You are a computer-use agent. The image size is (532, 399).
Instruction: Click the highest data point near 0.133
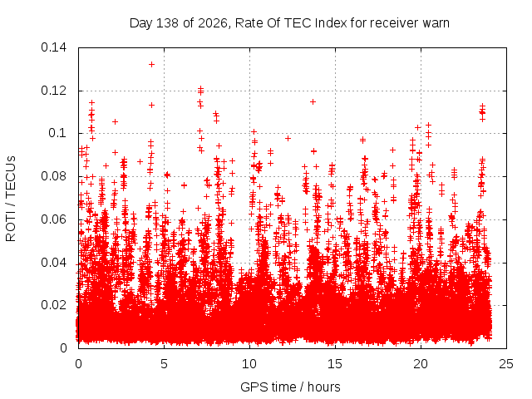(x=151, y=65)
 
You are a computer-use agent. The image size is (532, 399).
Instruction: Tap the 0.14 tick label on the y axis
(x=53, y=47)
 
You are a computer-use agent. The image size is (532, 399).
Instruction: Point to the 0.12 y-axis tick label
(x=53, y=91)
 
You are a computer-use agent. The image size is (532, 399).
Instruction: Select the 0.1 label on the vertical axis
(x=57, y=133)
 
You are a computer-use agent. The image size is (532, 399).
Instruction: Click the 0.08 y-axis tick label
(x=53, y=176)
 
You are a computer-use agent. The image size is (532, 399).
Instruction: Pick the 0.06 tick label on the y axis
(x=53, y=219)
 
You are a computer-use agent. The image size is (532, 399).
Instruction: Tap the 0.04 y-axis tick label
(x=53, y=263)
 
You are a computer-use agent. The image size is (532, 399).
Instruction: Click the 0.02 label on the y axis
(x=53, y=305)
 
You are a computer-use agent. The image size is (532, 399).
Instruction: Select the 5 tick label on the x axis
(x=165, y=364)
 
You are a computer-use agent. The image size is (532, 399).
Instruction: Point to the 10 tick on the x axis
(x=249, y=364)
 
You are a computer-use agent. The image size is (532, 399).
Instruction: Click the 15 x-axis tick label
(x=335, y=364)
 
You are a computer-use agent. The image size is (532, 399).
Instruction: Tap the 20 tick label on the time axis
(x=421, y=364)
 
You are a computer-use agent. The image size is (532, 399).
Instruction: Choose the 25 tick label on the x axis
(x=506, y=364)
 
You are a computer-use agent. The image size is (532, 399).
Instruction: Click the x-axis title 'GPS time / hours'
(x=290, y=387)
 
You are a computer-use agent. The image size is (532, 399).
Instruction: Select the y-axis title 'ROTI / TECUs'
(x=11, y=199)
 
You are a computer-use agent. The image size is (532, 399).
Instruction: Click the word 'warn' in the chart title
(x=436, y=23)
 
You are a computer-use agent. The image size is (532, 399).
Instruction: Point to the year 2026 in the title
(x=212, y=23)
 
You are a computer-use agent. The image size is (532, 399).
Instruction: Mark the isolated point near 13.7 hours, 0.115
(x=313, y=101)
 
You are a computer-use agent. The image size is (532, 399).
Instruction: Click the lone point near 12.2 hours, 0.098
(x=288, y=139)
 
